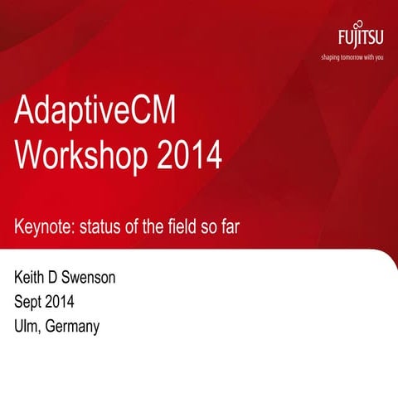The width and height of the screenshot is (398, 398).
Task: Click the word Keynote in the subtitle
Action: pyautogui.click(x=42, y=226)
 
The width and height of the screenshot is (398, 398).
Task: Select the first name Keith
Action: pyautogui.click(x=31, y=277)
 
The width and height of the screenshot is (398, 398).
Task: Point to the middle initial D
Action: pyautogui.click(x=55, y=277)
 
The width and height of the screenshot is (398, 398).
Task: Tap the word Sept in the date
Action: pyautogui.click(x=30, y=301)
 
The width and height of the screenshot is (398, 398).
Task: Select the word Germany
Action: pyautogui.click(x=72, y=327)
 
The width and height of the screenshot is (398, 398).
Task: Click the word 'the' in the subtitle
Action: pyautogui.click(x=153, y=226)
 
